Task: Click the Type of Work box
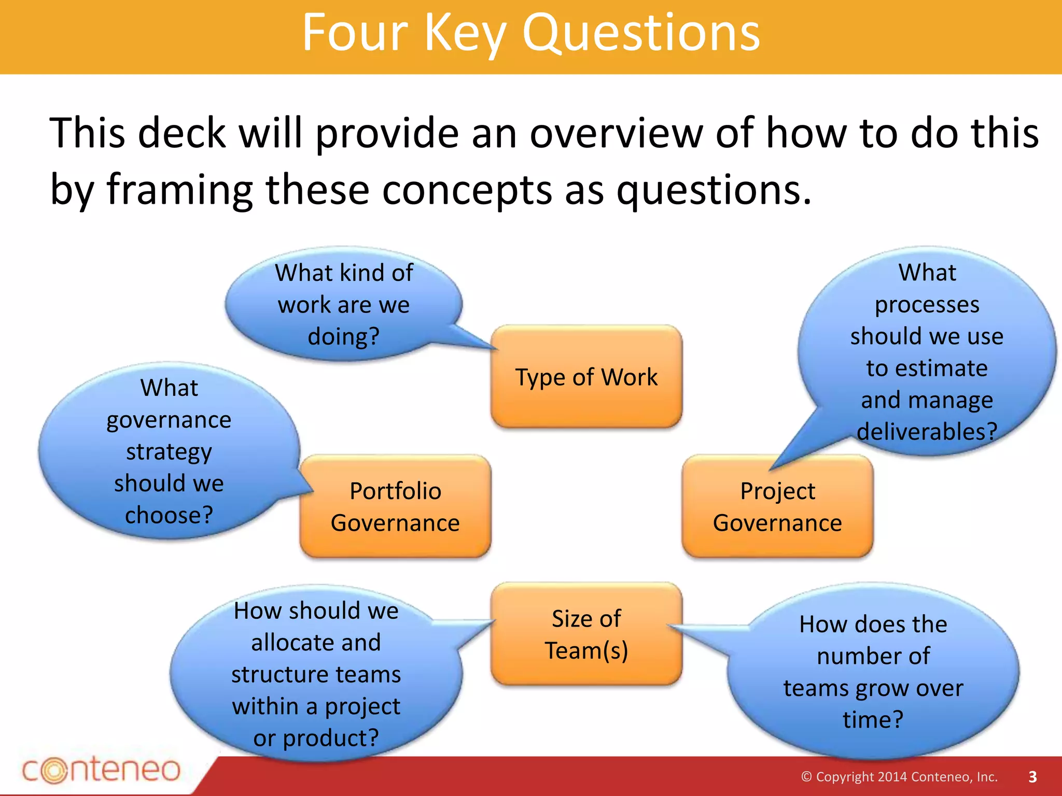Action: coord(586,377)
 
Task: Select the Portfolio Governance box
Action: coord(395,506)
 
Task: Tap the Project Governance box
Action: coord(777,506)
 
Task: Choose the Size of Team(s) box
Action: coord(586,634)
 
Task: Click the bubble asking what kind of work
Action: coord(343,304)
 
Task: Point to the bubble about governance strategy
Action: coord(169,451)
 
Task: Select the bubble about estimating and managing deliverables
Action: coord(927,352)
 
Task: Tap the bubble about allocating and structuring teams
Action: coord(316,674)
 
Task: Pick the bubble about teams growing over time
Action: coord(873,672)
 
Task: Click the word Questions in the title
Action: coord(641,33)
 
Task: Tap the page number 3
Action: coord(1032,777)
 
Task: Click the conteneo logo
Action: coord(101,770)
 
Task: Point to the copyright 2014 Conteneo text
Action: coord(899,777)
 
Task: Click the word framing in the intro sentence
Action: coord(180,190)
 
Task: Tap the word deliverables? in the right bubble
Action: coord(927,432)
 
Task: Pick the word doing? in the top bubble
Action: coord(343,336)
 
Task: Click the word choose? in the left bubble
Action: coord(169,515)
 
